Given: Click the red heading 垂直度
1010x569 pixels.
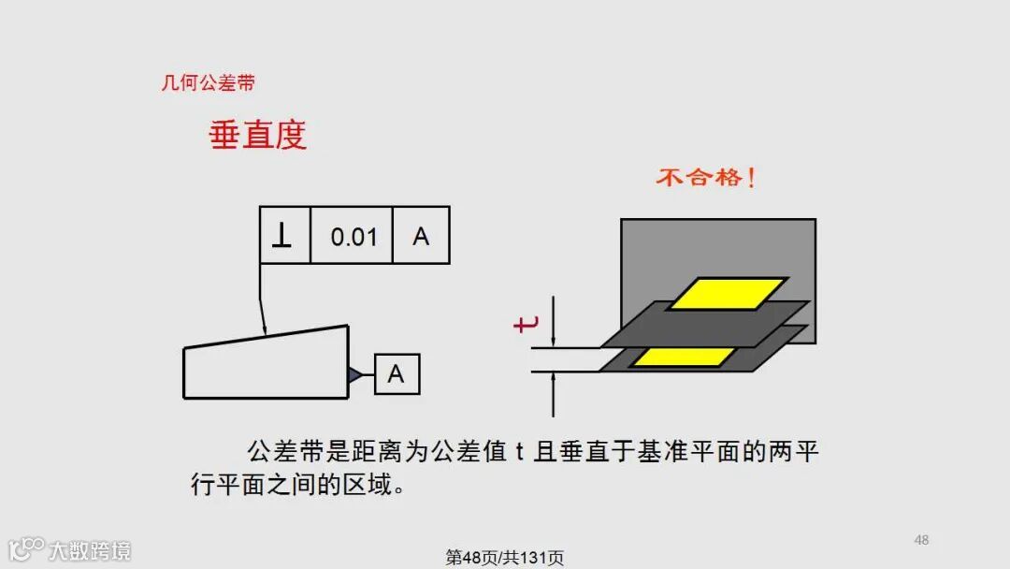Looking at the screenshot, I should pos(257,136).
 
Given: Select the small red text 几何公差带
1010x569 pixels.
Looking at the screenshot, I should pos(209,83).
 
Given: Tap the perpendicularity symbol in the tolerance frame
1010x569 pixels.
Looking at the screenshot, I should pos(281,236).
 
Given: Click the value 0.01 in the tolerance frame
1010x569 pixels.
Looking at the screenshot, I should pos(353,237).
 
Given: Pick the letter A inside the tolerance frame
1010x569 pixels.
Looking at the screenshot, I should pos(421,236).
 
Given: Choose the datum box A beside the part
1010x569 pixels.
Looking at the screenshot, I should pos(397,374).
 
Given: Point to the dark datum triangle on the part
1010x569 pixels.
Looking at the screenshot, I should pos(355,375).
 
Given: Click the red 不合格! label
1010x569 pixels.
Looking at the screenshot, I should pos(705,177).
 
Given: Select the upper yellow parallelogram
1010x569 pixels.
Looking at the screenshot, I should pos(728,293).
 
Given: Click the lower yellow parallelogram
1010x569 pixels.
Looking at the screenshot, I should pos(683,357).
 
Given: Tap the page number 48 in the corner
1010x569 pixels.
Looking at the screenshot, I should pos(921,540).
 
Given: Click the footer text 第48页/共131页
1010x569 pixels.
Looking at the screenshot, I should pos(505,558).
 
